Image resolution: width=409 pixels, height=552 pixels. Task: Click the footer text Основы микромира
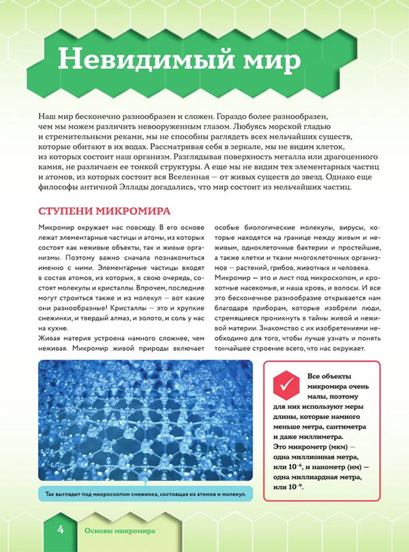(119, 530)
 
